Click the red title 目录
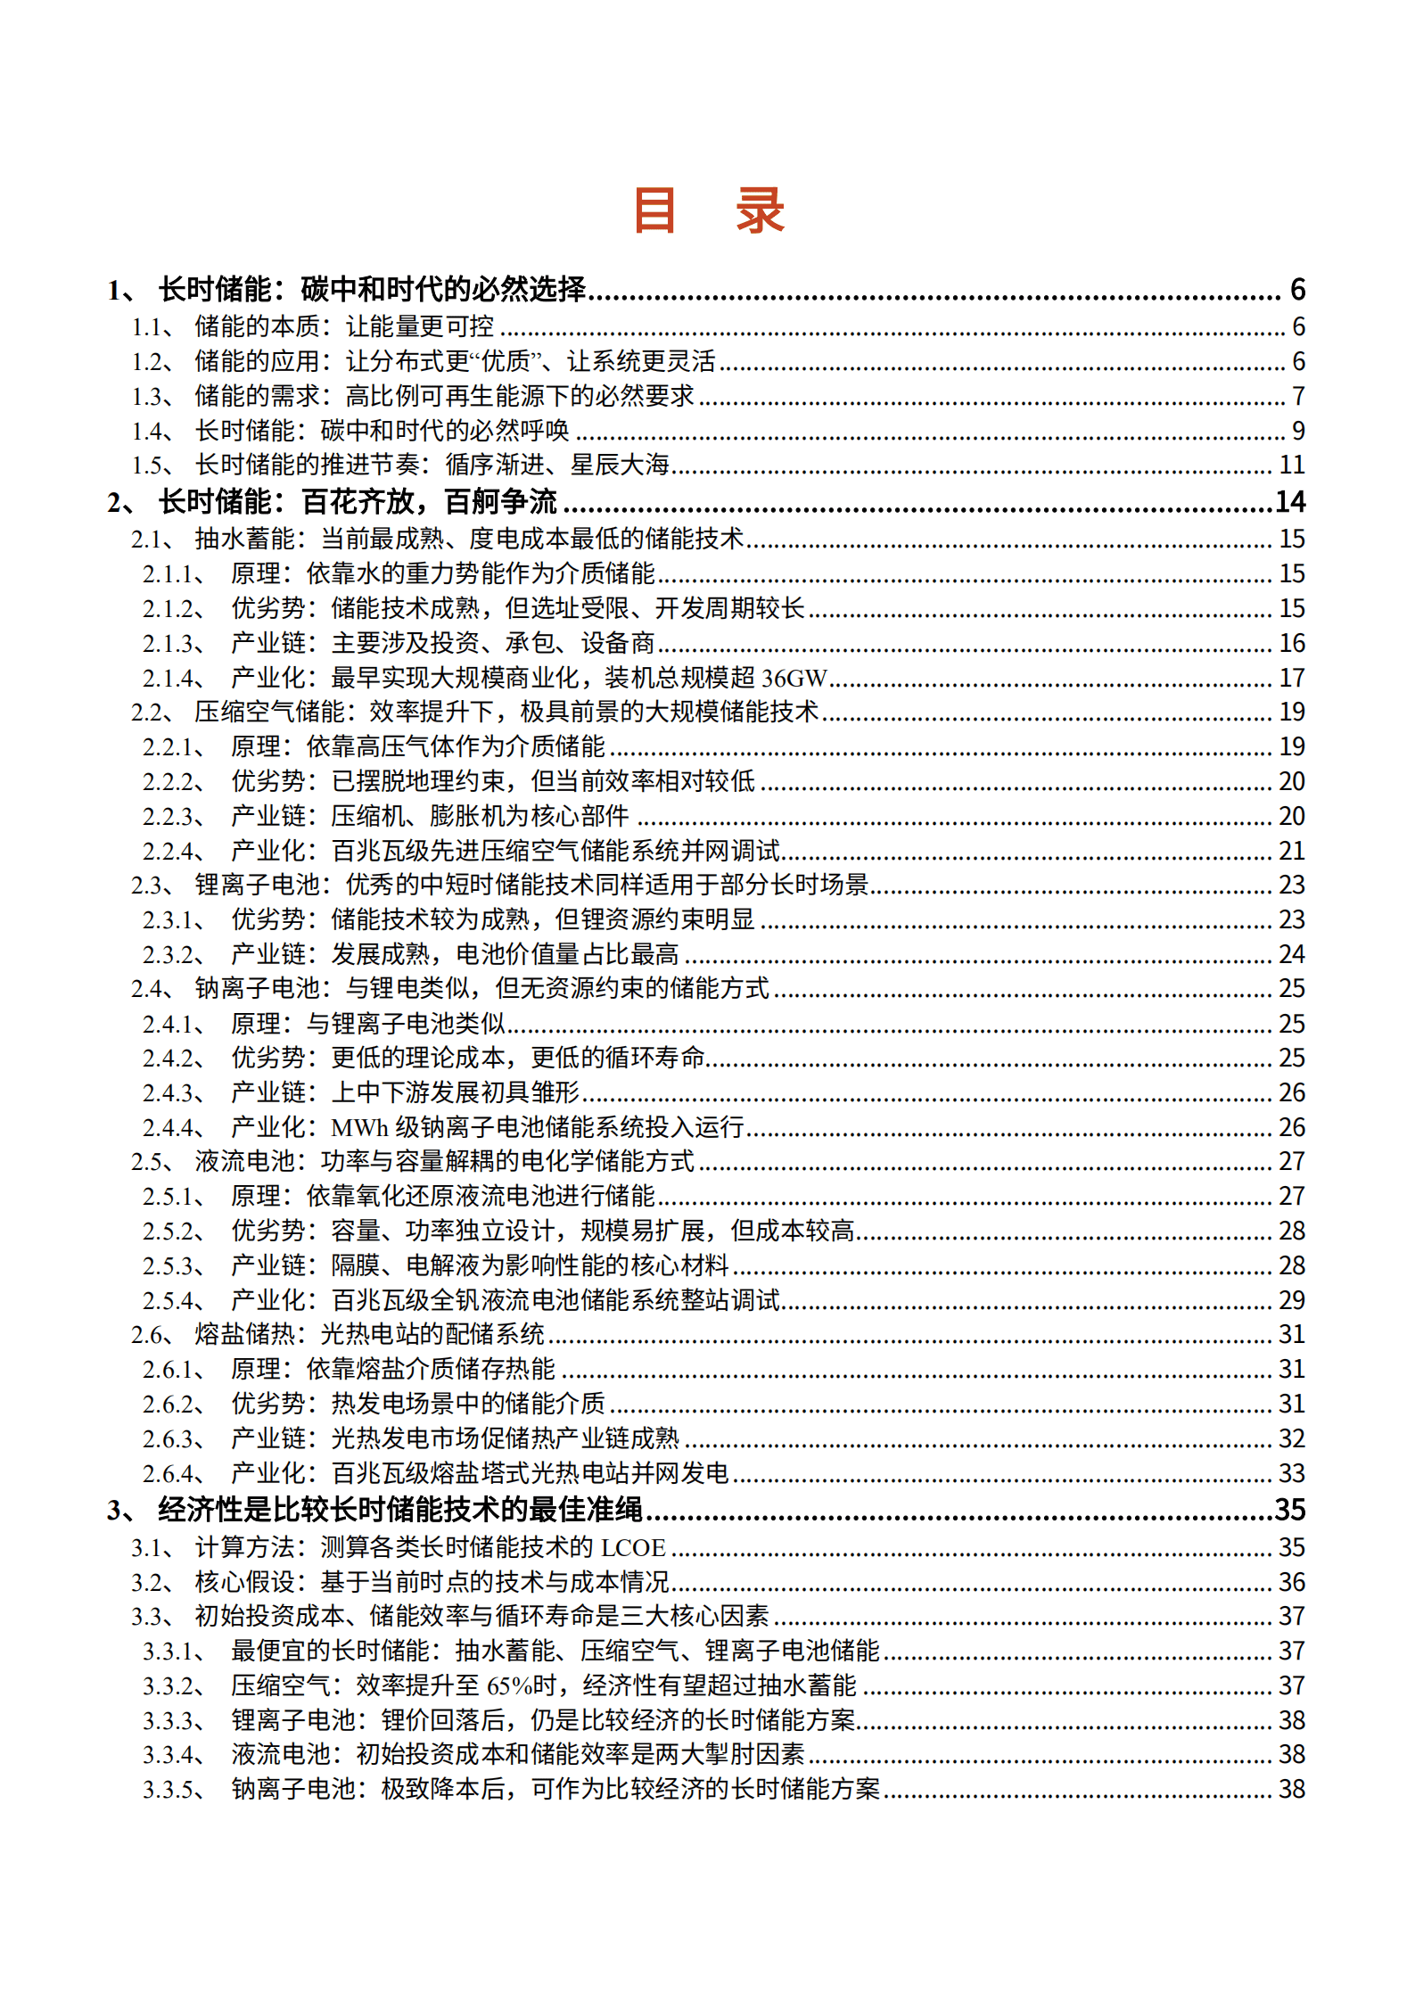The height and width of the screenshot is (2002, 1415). click(708, 210)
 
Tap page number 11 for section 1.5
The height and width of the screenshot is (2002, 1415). click(1292, 465)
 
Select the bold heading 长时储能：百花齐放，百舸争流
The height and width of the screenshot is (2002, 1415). click(358, 502)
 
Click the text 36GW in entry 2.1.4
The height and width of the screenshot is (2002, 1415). click(794, 679)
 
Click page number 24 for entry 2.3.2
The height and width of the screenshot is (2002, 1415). click(1292, 955)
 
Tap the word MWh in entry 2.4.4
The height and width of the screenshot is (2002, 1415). click(359, 1128)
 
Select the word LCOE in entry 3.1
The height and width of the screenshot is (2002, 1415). click(633, 1547)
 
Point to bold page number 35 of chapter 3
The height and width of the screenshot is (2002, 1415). click(1290, 1510)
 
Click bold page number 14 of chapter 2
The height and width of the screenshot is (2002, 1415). click(1290, 502)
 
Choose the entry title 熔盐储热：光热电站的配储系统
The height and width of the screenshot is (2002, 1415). click(369, 1335)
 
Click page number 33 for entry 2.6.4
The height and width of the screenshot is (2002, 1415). click(1292, 1473)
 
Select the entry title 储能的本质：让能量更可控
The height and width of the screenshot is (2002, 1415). click(344, 326)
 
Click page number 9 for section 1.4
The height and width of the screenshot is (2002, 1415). click(1298, 431)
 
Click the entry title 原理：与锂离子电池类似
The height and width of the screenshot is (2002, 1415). click(368, 1024)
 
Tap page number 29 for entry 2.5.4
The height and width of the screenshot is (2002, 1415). click(1292, 1300)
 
